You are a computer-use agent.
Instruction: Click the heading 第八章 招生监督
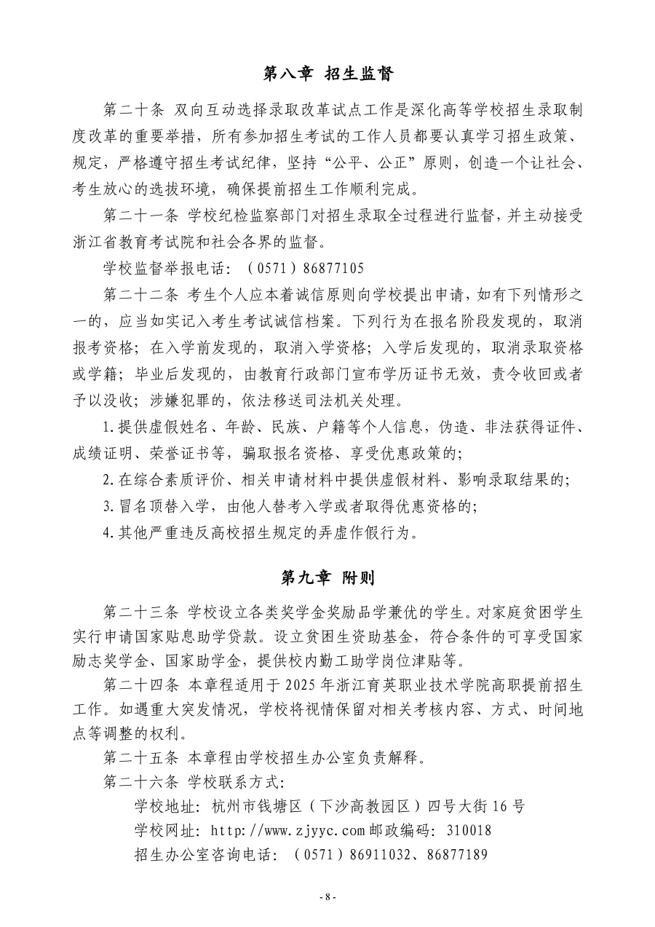click(x=327, y=74)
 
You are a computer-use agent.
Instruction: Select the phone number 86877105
click(x=329, y=269)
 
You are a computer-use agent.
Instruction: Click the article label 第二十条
click(x=136, y=110)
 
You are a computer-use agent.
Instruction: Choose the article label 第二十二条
click(x=143, y=294)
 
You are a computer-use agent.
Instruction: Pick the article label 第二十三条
click(x=143, y=609)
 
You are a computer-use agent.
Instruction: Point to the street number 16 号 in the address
click(x=509, y=806)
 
